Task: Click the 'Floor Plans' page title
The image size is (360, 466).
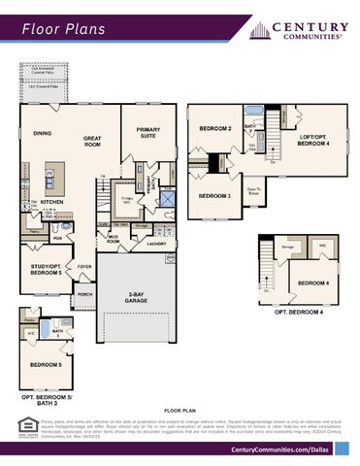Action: pyautogui.click(x=64, y=30)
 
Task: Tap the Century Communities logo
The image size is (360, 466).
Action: pyautogui.click(x=296, y=30)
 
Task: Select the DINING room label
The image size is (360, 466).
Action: pyautogui.click(x=43, y=133)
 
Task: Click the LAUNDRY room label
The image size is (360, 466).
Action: pyautogui.click(x=157, y=244)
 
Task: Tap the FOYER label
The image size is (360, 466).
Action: pyautogui.click(x=84, y=265)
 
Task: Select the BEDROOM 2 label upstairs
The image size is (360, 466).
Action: pyautogui.click(x=214, y=128)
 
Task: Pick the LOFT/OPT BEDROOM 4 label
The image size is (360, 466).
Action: pyautogui.click(x=311, y=140)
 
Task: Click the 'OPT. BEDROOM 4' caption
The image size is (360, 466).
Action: pyautogui.click(x=299, y=312)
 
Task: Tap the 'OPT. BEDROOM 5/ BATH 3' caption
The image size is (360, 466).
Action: pyautogui.click(x=47, y=400)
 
